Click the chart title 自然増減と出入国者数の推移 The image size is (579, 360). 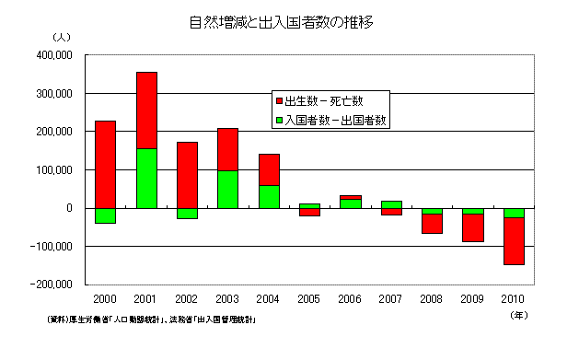pyautogui.click(x=288, y=20)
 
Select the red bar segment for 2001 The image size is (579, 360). pyautogui.click(x=146, y=110)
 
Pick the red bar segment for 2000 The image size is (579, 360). pyautogui.click(x=106, y=164)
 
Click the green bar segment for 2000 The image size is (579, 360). pyautogui.click(x=106, y=215)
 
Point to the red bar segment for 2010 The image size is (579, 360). pyautogui.click(x=514, y=241)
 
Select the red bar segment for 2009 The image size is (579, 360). pyautogui.click(x=473, y=227)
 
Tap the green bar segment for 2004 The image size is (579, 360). pyautogui.click(x=269, y=196)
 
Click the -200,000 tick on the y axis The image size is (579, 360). pyautogui.click(x=52, y=285)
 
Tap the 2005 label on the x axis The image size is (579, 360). pyautogui.click(x=309, y=299)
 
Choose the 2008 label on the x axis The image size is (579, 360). pyautogui.click(x=432, y=299)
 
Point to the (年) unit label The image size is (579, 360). pyautogui.click(x=518, y=314)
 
